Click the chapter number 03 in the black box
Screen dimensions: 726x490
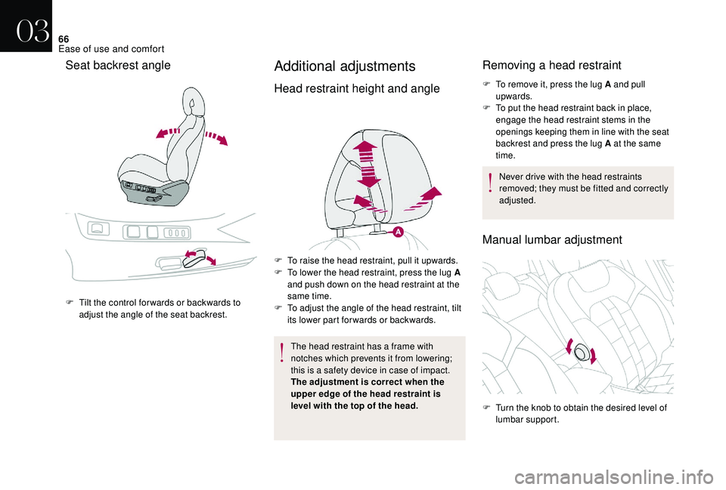[33, 31]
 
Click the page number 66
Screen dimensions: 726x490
[64, 39]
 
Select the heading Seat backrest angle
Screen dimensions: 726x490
[118, 65]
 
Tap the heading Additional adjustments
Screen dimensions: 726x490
[345, 66]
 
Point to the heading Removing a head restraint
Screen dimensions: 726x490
[552, 65]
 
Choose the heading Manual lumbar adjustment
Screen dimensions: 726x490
[552, 239]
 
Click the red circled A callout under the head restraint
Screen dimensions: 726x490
[399, 232]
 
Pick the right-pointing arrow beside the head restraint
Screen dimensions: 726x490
[423, 199]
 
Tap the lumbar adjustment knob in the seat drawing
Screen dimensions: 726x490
[581, 353]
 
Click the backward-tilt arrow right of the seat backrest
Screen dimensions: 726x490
[216, 137]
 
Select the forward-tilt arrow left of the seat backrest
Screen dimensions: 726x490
[168, 133]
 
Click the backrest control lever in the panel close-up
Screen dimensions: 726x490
[195, 259]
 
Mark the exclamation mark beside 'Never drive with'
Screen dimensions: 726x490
[490, 182]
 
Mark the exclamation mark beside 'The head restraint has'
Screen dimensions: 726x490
[281, 352]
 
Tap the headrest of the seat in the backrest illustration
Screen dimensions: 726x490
[194, 100]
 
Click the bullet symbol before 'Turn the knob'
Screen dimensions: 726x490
[486, 408]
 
